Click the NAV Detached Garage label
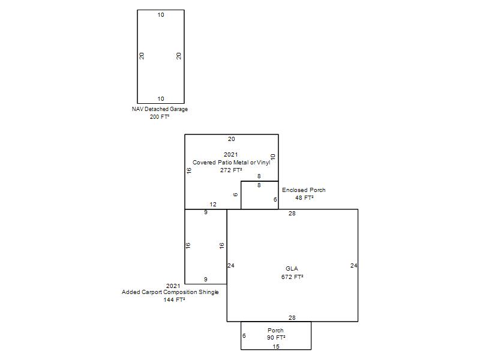[x=160, y=109]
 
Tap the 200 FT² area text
[x=160, y=117]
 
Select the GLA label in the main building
[x=292, y=269]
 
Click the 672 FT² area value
[x=292, y=277]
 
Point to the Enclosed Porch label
[x=304, y=190]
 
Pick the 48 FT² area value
[x=304, y=198]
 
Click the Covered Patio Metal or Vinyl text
[x=231, y=163]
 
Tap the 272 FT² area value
[x=231, y=170]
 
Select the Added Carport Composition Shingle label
[x=170, y=292]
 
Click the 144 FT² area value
[x=174, y=300]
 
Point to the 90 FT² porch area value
[x=276, y=338]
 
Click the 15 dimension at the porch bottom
[x=276, y=347]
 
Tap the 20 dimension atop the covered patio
[x=231, y=139]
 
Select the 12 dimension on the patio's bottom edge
[x=213, y=205]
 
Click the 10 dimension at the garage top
[x=161, y=15]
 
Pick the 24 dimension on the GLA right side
[x=353, y=265]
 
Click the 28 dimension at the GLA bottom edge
[x=292, y=318]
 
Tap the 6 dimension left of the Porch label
[x=244, y=336]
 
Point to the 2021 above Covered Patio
[x=231, y=155]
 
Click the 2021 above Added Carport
[x=173, y=286]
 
